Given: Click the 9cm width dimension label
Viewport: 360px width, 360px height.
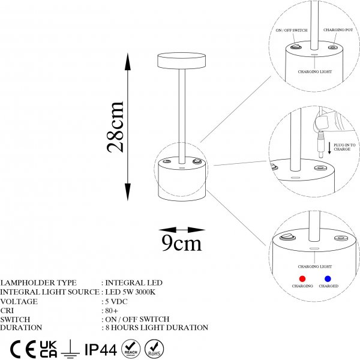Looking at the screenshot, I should [x=182, y=243].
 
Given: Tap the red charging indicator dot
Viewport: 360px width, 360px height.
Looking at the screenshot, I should [x=302, y=279].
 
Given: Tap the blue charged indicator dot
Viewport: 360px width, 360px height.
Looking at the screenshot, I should [x=328, y=279].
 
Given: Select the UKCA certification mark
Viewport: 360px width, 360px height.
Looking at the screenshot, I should [x=47, y=349].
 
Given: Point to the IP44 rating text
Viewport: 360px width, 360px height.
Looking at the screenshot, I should [x=100, y=349].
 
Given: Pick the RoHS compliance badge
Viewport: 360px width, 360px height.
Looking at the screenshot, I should [x=154, y=349].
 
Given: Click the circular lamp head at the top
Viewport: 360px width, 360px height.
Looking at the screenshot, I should [x=181, y=60].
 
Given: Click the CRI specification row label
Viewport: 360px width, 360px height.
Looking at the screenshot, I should [x=7, y=310].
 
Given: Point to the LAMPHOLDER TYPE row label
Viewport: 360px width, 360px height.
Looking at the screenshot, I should [x=30, y=283].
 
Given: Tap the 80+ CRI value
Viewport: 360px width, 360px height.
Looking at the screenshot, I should [x=112, y=310].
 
